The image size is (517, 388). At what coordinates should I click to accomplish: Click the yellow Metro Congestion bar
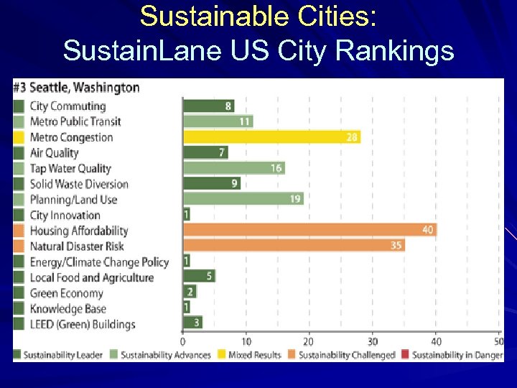271,137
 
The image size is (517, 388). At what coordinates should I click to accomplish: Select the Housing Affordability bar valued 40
309,230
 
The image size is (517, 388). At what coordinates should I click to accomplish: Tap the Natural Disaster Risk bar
293,246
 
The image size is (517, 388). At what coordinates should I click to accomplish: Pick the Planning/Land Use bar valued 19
243,199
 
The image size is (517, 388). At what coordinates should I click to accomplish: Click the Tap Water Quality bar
233,168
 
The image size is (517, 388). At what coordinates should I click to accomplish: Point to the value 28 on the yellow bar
352,137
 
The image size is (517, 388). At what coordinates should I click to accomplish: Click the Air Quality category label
54,152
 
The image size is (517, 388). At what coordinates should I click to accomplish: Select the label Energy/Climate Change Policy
99,262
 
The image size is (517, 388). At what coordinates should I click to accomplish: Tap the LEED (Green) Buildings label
82,324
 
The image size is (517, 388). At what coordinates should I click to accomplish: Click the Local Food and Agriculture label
91,277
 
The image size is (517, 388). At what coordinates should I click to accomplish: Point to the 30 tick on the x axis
372,341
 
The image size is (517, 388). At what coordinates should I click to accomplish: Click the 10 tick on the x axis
246,341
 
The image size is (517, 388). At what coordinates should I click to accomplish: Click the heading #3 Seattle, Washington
76,88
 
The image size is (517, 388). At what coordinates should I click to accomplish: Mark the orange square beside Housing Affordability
19,231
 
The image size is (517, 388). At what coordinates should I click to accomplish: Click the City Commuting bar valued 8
208,106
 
